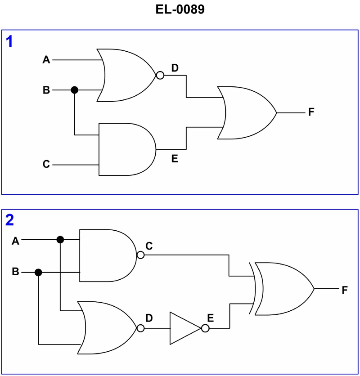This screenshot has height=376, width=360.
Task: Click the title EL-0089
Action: tap(180, 10)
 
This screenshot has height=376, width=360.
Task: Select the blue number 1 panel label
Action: tap(9, 42)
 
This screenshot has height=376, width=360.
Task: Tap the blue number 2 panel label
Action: tap(9, 220)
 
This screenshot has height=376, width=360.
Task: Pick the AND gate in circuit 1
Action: tap(126, 149)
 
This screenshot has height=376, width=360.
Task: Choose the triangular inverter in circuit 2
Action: tap(184, 328)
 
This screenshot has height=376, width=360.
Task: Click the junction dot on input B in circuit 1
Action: tap(75, 90)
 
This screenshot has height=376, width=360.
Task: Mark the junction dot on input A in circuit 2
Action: tap(60, 240)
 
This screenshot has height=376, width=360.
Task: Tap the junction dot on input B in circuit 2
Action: tap(39, 272)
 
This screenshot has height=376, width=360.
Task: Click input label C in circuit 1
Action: tap(46, 165)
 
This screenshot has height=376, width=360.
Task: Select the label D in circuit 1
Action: tap(175, 68)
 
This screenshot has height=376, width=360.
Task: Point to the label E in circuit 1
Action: tap(175, 158)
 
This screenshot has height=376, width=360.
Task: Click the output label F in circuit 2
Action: tap(345, 290)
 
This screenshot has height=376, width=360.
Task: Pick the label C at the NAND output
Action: tap(149, 246)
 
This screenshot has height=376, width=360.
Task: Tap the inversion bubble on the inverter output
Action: tap(205, 329)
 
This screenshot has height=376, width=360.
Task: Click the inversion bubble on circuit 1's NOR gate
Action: tap(159, 75)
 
